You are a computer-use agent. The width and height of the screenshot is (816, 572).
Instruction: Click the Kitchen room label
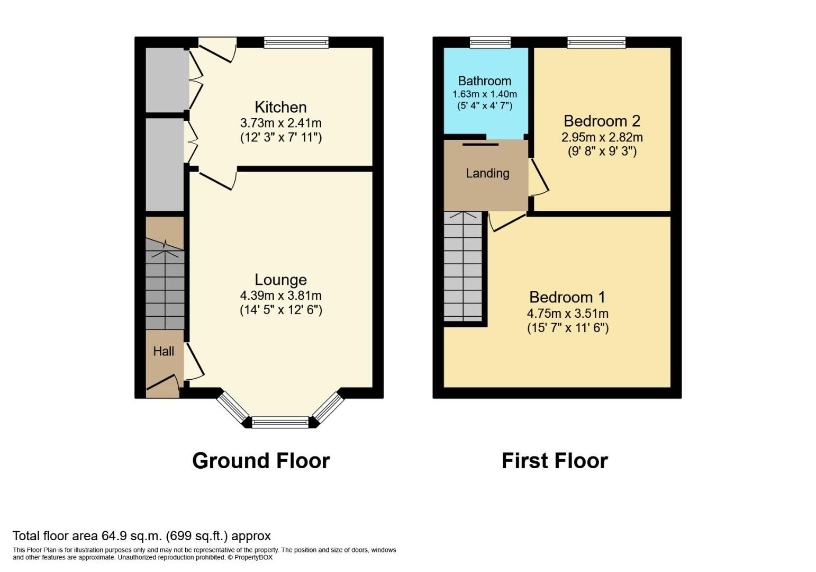(280, 107)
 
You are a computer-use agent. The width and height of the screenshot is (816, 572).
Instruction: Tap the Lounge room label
(280, 280)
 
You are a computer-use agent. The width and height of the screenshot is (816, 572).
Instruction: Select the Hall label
(164, 351)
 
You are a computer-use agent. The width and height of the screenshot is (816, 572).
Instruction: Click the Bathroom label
(484, 81)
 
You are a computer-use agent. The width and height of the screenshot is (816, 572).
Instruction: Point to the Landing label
(487, 173)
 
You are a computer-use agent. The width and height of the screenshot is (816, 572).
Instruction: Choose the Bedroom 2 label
(602, 121)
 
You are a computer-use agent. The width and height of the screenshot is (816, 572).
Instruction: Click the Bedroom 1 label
(567, 297)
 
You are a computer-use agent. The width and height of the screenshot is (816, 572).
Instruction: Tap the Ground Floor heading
(261, 461)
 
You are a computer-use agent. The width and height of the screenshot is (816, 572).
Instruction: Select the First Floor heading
(555, 461)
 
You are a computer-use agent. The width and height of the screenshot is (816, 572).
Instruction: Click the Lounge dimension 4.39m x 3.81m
(280, 296)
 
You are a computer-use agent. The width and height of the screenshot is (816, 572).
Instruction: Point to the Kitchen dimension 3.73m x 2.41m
(280, 123)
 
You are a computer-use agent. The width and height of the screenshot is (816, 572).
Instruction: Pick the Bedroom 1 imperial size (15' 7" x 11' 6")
(568, 328)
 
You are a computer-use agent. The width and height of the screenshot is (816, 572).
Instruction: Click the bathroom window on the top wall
(490, 42)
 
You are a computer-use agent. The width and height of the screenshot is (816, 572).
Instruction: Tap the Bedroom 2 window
(596, 42)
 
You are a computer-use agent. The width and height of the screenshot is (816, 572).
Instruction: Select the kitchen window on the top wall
(296, 42)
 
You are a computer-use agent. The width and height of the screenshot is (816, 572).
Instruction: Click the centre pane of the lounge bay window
(280, 422)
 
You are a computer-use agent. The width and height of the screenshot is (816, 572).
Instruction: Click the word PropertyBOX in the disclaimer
(253, 557)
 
